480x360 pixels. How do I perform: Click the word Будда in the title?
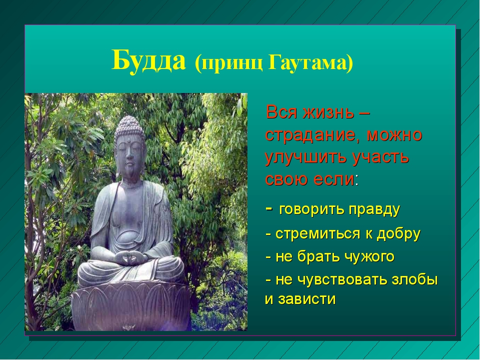pos(149,61)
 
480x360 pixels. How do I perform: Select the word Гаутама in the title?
pos(311,63)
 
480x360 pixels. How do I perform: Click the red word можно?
pos(394,135)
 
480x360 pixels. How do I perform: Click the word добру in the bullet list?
pos(398,234)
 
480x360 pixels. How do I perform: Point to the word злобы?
pos(415,279)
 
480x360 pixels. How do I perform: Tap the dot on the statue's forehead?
pos(130,140)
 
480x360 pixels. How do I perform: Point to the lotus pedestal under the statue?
pos(131,306)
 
